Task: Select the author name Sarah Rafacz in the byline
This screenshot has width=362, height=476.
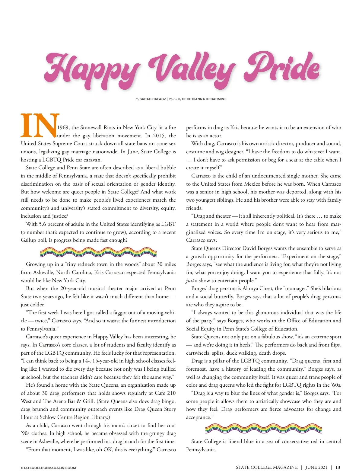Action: tap(153, 99)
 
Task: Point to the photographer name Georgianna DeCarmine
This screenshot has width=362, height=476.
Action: tap(204, 99)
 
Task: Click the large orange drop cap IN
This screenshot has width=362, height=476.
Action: tap(40, 125)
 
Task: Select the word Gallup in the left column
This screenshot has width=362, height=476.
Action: tap(28, 240)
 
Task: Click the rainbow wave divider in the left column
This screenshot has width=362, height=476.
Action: tap(98, 252)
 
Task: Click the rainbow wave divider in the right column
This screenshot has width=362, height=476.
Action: tap(263, 429)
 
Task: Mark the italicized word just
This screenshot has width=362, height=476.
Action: tap(190, 280)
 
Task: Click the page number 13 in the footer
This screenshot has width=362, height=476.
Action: tap(338, 467)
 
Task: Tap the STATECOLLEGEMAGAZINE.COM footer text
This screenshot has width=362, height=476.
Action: tap(48, 468)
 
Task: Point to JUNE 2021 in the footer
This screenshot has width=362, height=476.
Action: tap(316, 467)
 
